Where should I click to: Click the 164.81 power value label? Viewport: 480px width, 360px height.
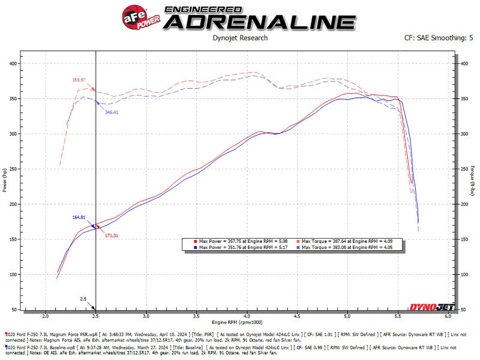tap(79, 217)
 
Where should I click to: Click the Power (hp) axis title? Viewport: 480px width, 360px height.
tap(5, 186)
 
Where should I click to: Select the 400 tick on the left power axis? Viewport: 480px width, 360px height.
tap(13, 63)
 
